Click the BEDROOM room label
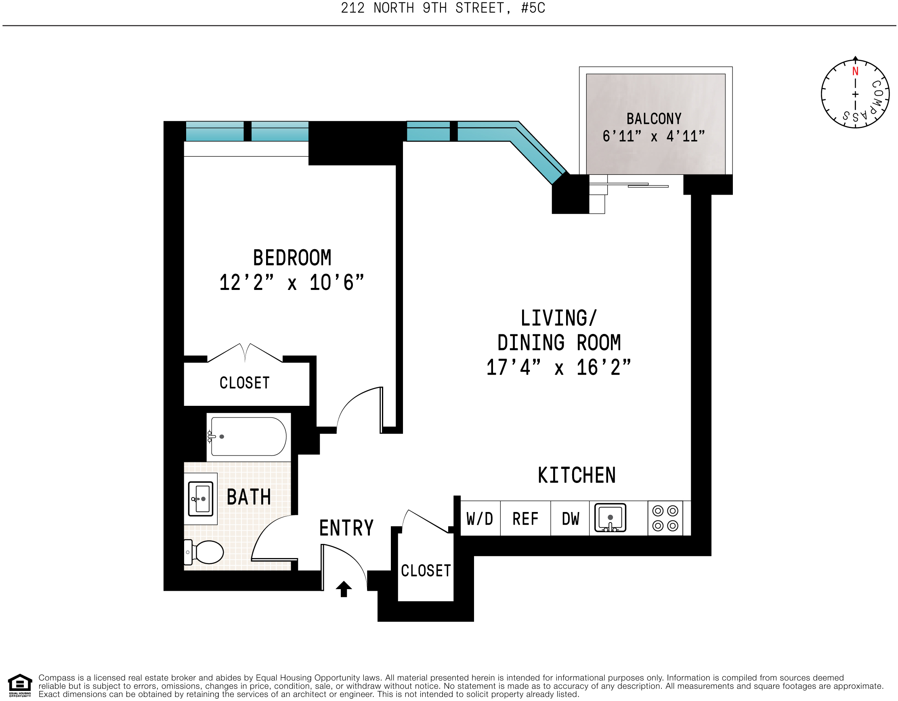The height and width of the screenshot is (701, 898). pyautogui.click(x=292, y=258)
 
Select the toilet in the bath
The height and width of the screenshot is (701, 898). pyautogui.click(x=204, y=552)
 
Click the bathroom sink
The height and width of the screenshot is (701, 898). pyautogui.click(x=201, y=499)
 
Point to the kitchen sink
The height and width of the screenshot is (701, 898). pyautogui.click(x=610, y=518)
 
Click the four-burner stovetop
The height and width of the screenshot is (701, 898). pyautogui.click(x=665, y=518)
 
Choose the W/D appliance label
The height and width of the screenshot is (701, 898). pyautogui.click(x=479, y=519)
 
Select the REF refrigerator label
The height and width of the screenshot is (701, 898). pyautogui.click(x=525, y=519)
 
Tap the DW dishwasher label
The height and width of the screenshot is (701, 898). pyautogui.click(x=570, y=519)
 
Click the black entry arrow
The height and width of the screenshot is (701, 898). pyautogui.click(x=344, y=589)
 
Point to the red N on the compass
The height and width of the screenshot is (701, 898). pyautogui.click(x=855, y=71)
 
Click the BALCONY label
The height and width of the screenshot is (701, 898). pyautogui.click(x=654, y=119)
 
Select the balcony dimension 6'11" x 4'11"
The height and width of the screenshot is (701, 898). pyautogui.click(x=653, y=136)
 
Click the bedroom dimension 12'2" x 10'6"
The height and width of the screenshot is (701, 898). pyautogui.click(x=292, y=283)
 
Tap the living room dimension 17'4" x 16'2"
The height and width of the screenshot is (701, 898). pyautogui.click(x=558, y=367)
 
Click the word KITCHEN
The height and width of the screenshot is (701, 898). pyautogui.click(x=577, y=475)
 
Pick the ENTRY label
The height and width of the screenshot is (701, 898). pyautogui.click(x=346, y=528)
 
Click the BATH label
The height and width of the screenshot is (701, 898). pyautogui.click(x=249, y=497)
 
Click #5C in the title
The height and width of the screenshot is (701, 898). pyautogui.click(x=533, y=8)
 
